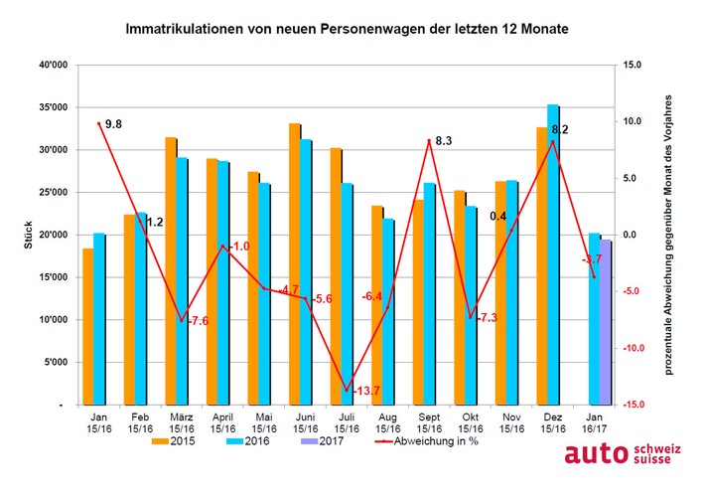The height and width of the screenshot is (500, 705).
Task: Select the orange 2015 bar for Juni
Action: click(x=295, y=264)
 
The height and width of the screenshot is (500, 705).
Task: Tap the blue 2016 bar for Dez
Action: click(x=553, y=255)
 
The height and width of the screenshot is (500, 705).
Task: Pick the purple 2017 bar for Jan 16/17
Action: click(x=606, y=323)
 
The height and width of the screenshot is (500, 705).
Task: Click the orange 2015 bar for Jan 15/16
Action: click(x=87, y=327)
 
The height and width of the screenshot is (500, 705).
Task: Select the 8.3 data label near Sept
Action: click(x=445, y=141)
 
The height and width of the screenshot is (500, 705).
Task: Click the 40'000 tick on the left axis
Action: click(x=52, y=66)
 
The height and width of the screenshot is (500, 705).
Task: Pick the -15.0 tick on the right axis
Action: click(x=633, y=406)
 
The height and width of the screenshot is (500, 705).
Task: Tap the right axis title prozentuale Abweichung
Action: click(x=671, y=236)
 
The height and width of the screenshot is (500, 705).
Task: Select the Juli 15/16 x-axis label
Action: click(x=347, y=423)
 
